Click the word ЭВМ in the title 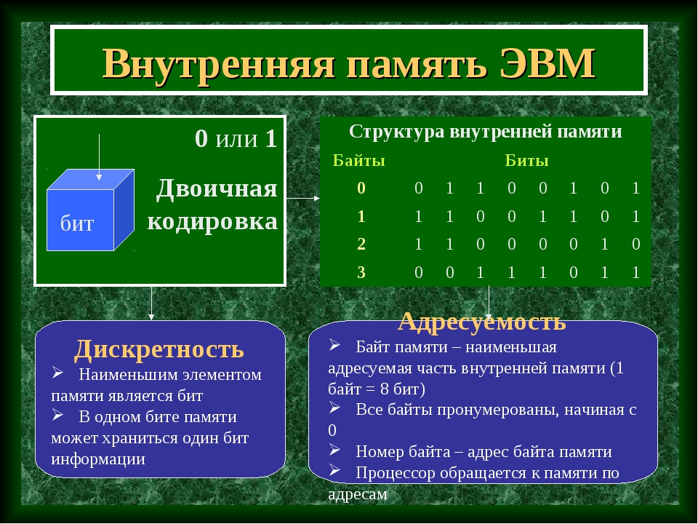[x=547, y=63]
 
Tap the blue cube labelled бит [x=90, y=210]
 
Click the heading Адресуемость [x=482, y=321]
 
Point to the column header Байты [x=358, y=160]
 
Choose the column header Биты [x=526, y=160]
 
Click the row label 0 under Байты [x=361, y=188]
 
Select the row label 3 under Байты [x=361, y=272]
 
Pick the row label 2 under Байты [x=361, y=245]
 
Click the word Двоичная [x=217, y=189]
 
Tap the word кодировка [x=212, y=221]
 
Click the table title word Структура [x=397, y=132]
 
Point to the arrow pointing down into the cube [x=99, y=157]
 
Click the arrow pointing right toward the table [x=302, y=198]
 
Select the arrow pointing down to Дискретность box [x=151, y=303]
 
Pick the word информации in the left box [x=98, y=459]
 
